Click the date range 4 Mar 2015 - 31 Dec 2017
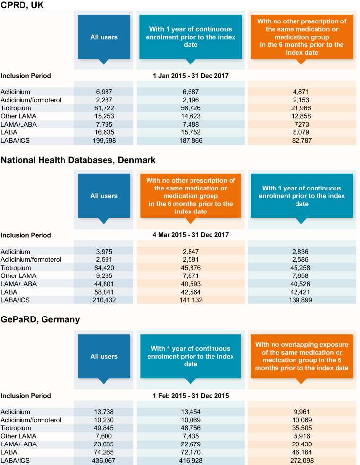point(190,235)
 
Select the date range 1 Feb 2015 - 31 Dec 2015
point(190,395)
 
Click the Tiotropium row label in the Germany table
point(16,428)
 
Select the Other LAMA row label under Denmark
point(19,276)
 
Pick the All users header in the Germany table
point(104,356)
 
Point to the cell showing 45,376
point(190,268)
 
